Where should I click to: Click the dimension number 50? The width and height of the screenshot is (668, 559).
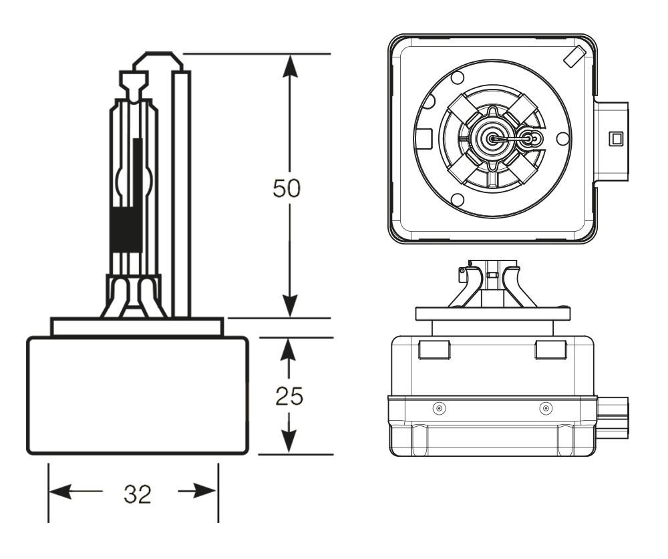pos(287,188)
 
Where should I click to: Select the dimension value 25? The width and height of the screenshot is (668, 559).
pos(289,396)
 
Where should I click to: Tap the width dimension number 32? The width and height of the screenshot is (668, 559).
pos(138,495)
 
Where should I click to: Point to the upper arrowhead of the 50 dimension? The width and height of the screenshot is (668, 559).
pos(290,67)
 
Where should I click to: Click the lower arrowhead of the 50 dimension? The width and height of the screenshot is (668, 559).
pos(290,305)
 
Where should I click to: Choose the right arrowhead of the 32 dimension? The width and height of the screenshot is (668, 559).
pos(206,492)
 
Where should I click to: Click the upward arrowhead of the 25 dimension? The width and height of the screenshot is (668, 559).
pos(289,350)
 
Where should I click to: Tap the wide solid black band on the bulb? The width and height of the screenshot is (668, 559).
pos(126,230)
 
